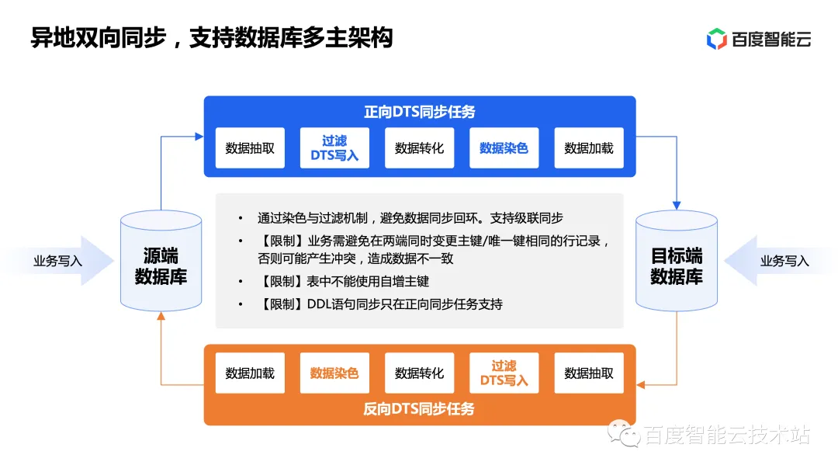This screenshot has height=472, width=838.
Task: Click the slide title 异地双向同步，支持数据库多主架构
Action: click(x=211, y=37)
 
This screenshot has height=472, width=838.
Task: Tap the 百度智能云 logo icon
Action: click(x=716, y=38)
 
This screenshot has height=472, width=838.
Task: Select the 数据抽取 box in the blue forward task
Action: click(x=250, y=148)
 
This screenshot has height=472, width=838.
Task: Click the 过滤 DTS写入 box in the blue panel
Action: click(x=334, y=148)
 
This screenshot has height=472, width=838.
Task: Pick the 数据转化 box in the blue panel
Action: click(x=419, y=148)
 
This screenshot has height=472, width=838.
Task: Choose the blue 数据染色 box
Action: click(x=504, y=148)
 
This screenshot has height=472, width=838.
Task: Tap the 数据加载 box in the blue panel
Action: click(x=589, y=148)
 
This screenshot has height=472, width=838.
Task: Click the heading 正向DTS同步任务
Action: click(x=419, y=112)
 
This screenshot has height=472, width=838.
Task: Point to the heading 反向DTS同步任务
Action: click(x=419, y=408)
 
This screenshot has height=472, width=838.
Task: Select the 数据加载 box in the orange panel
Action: click(x=250, y=373)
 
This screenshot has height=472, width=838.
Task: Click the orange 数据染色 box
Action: click(x=334, y=373)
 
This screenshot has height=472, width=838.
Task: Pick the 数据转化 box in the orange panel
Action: click(x=419, y=373)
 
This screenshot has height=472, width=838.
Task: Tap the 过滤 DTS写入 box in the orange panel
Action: click(x=504, y=373)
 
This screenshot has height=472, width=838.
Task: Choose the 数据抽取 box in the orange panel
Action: click(x=589, y=373)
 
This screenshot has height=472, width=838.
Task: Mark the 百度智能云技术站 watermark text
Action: click(x=726, y=436)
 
